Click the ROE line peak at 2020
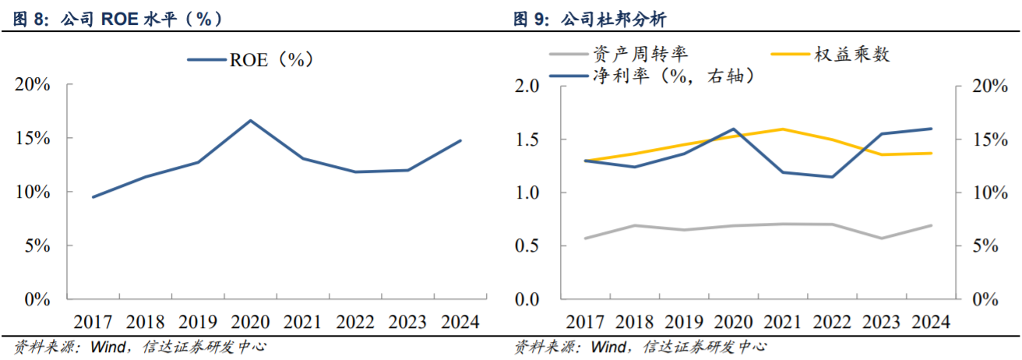[250, 121]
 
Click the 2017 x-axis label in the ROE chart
[93, 321]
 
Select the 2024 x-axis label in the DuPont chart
[931, 321]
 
